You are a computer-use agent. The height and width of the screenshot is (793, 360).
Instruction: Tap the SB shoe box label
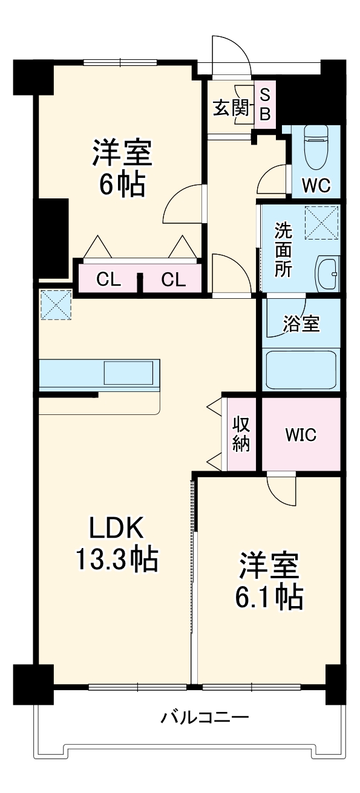click(x=265, y=104)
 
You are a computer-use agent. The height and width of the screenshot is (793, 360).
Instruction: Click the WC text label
click(x=316, y=186)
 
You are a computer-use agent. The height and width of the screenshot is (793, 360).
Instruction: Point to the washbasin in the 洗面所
click(x=329, y=274)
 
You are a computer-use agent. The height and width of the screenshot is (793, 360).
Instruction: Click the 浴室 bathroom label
click(x=301, y=324)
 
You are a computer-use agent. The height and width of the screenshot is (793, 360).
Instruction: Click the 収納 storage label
click(x=241, y=434)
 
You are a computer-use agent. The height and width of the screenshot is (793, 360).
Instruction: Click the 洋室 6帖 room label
click(x=122, y=168)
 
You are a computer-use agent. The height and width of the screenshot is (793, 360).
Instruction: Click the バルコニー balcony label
click(x=205, y=718)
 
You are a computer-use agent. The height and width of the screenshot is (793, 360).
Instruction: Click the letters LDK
click(x=116, y=529)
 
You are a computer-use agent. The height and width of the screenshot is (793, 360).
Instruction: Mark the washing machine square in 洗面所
click(x=322, y=223)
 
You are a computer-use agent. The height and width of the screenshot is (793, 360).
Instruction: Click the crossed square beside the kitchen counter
click(x=56, y=304)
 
